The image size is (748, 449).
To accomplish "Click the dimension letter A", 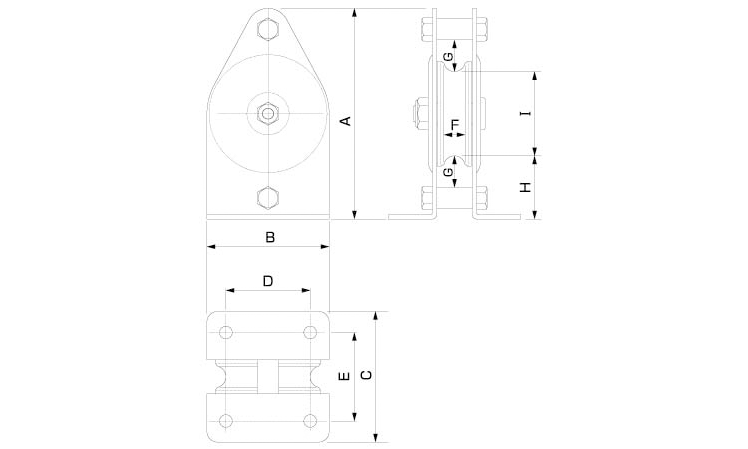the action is pyautogui.click(x=347, y=121).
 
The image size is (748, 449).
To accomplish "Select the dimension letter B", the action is pyautogui.click(x=270, y=237).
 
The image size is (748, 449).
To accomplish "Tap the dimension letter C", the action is pyautogui.click(x=366, y=375).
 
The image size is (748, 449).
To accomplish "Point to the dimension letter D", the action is pyautogui.click(x=268, y=281).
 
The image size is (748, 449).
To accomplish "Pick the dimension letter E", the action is pyautogui.click(x=343, y=376).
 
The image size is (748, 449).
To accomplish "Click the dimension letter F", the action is pyautogui.click(x=455, y=124).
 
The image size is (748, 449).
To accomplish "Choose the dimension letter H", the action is pyautogui.click(x=525, y=187).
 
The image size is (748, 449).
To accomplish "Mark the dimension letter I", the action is pyautogui.click(x=525, y=113).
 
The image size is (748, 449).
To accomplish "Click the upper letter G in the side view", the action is pyautogui.click(x=448, y=57).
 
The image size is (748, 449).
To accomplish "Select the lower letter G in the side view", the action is pyautogui.click(x=448, y=172).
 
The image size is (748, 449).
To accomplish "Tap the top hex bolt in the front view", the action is pyautogui.click(x=268, y=29).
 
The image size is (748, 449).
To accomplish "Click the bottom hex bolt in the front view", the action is pyautogui.click(x=268, y=198).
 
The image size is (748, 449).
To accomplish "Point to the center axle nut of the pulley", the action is pyautogui.click(x=268, y=113).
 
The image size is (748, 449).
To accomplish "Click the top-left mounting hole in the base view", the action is pyautogui.click(x=226, y=332).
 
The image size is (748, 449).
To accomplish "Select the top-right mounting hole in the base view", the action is pyautogui.click(x=310, y=332).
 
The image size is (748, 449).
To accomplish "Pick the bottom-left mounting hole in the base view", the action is pyautogui.click(x=226, y=421).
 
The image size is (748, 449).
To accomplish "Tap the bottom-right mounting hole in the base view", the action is pyautogui.click(x=310, y=421).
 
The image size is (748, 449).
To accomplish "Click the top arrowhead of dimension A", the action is pyautogui.click(x=354, y=13).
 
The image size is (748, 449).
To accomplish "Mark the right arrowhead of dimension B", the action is pyautogui.click(x=325, y=247).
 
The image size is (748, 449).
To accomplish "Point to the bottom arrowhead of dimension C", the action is pyautogui.click(x=376, y=438).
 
